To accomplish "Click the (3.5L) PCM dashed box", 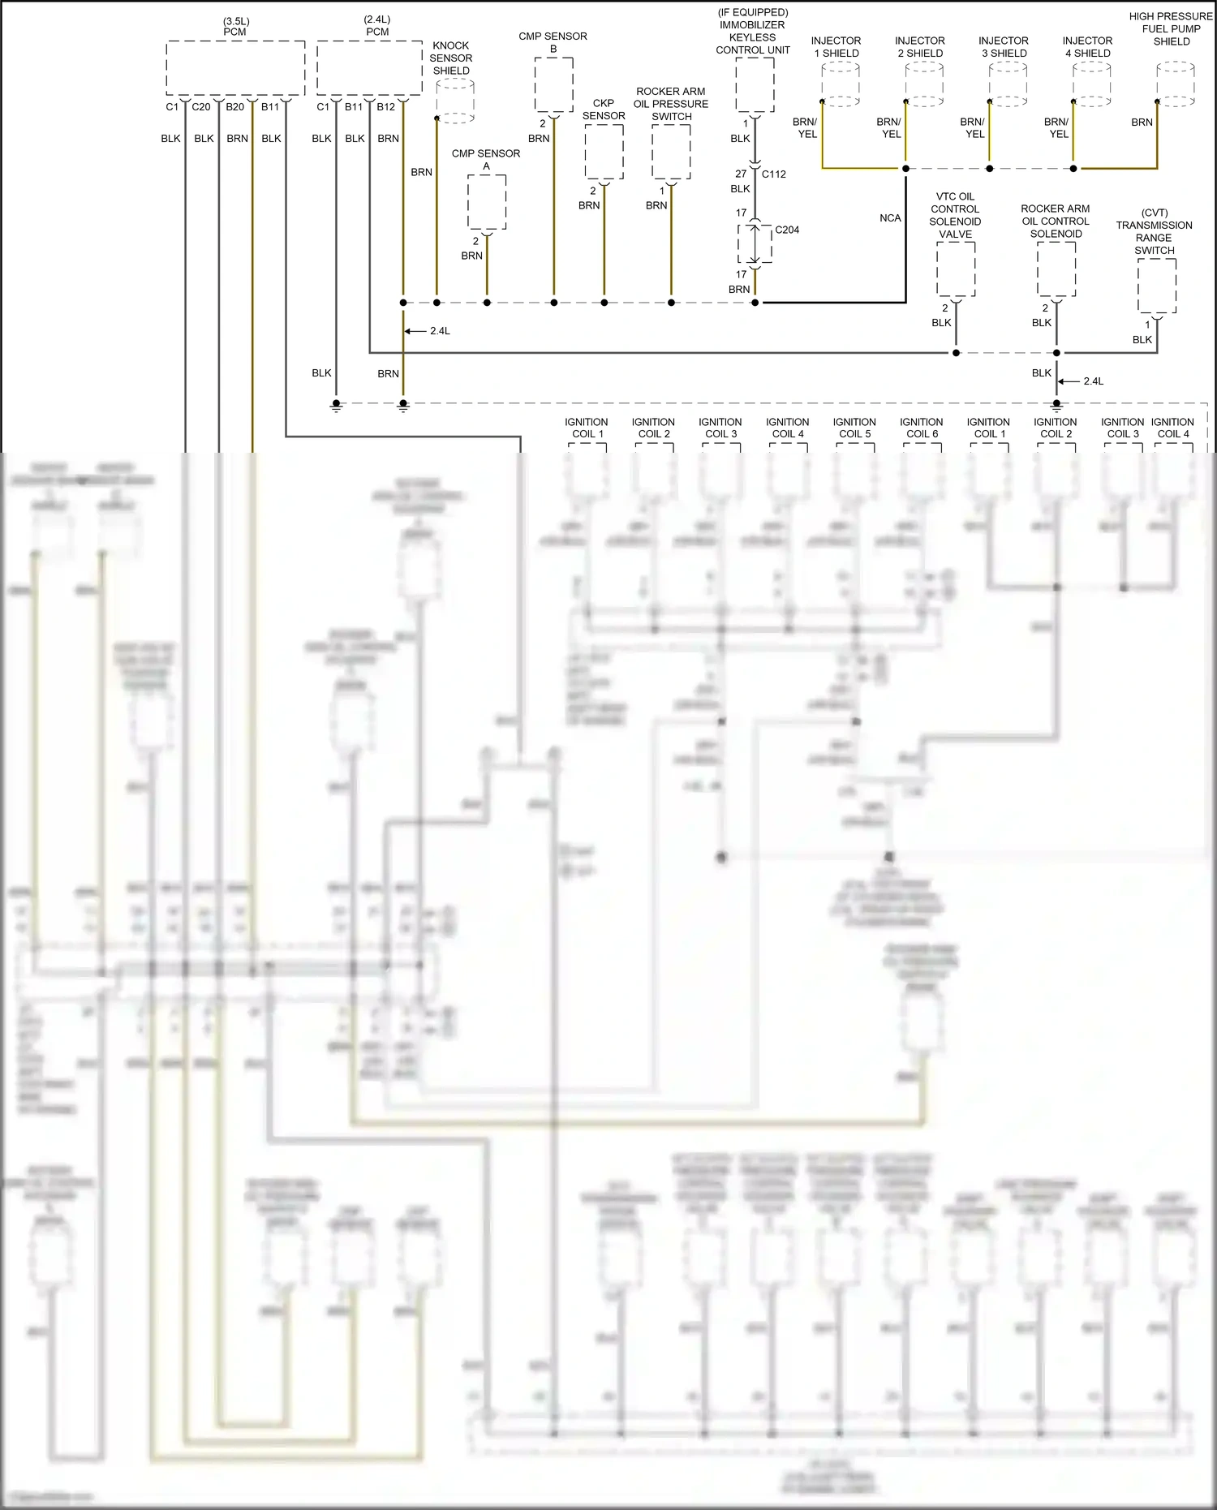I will (235, 68).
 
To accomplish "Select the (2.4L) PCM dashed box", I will (370, 68).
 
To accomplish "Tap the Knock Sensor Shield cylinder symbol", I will (455, 101).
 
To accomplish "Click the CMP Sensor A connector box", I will (487, 202).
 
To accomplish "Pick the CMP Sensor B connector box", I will (553, 84).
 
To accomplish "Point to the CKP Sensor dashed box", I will (604, 152).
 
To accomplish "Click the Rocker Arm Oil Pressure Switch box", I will (671, 152).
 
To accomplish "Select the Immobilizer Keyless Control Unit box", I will (755, 84).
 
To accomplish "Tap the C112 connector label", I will (773, 174).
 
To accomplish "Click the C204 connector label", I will (786, 230).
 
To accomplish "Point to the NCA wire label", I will (890, 218).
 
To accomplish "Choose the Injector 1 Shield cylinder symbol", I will (841, 84).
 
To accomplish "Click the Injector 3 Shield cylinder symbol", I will (1008, 84).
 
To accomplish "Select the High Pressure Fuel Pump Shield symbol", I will (1175, 84).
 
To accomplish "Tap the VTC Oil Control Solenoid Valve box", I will (956, 269).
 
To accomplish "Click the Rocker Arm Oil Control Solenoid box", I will (1056, 269).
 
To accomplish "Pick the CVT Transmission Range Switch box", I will (1157, 286).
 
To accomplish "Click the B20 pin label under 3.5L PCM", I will (235, 107).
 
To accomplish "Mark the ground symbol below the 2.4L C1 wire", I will (336, 407).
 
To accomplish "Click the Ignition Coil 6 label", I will (921, 428).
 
